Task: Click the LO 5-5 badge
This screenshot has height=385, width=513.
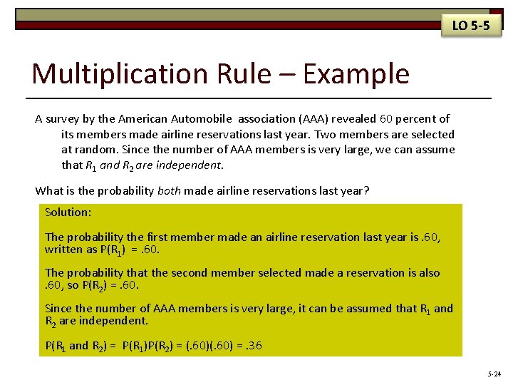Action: click(x=471, y=26)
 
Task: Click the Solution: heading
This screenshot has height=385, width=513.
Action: click(x=67, y=212)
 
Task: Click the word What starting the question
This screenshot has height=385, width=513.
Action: click(x=49, y=190)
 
